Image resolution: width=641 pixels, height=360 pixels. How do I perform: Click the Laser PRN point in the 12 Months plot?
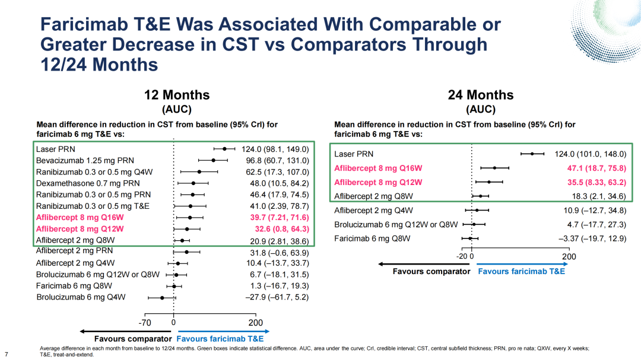coord(224,149)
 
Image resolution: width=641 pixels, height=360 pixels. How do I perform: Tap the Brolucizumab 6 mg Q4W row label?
coord(81,297)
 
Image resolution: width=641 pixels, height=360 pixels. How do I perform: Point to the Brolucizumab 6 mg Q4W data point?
coord(162,298)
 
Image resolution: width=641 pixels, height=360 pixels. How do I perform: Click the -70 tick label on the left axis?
coord(144,323)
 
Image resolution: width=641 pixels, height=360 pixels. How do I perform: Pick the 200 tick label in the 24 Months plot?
coord(569,257)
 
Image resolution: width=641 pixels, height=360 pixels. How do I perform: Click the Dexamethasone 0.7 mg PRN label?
coord(88,183)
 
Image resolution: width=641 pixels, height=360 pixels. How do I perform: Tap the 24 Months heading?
coord(481,95)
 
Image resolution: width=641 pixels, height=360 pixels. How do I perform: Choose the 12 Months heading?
coord(177,95)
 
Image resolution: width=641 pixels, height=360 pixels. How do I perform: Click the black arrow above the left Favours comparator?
coord(125,332)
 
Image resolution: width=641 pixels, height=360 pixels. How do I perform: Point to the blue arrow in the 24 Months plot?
coord(522,264)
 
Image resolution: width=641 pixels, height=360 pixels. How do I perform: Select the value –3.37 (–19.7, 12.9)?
coord(592,238)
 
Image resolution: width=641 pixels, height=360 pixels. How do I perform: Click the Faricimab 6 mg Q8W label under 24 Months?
coord(372,238)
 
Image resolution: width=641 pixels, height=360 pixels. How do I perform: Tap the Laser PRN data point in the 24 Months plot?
coord(532,154)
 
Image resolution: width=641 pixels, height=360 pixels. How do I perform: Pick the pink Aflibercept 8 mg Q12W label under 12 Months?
coord(80,229)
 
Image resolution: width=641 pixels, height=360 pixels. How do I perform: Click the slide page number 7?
coord(6,354)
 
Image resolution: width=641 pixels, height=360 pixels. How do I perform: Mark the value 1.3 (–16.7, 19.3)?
coord(280,286)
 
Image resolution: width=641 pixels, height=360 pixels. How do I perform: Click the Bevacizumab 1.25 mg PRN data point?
coord(214,161)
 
